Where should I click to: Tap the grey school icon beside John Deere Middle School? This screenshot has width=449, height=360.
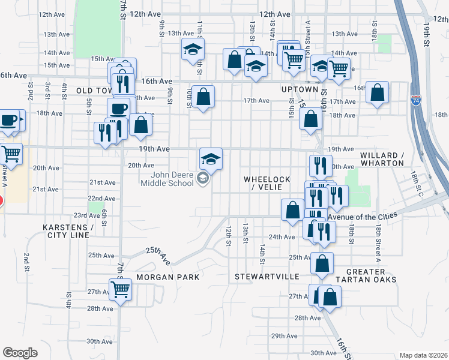click(203, 178)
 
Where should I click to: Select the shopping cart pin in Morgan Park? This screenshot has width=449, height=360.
click(121, 290)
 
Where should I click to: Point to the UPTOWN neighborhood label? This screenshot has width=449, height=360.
click(299, 89)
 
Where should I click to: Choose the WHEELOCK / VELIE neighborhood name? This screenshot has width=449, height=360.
click(267, 183)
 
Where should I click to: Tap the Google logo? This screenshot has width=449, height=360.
click(20, 352)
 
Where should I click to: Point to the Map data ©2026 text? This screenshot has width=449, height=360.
click(423, 355)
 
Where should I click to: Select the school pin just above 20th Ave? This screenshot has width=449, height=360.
click(211, 159)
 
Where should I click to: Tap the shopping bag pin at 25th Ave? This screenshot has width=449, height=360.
click(322, 263)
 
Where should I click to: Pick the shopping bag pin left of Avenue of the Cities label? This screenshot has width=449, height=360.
click(292, 210)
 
